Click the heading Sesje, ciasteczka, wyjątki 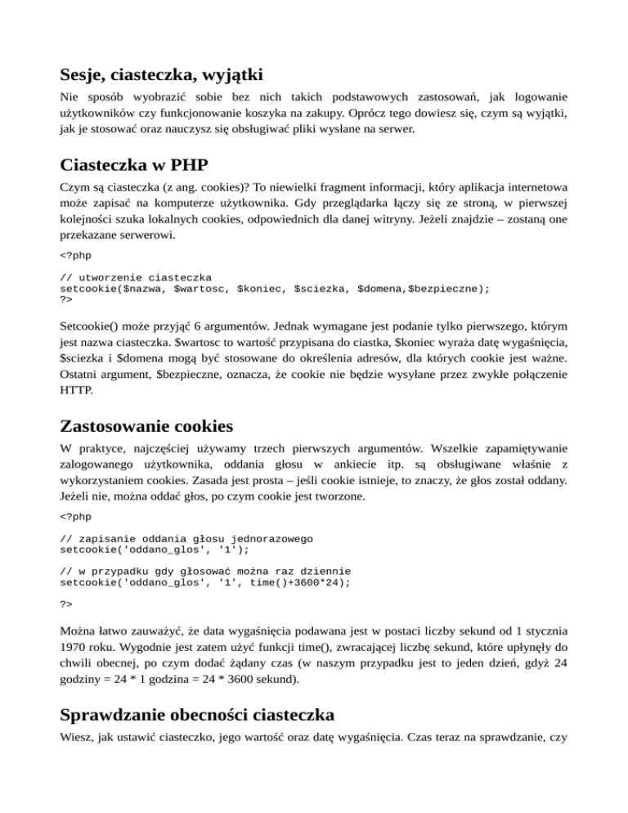click(x=161, y=75)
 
